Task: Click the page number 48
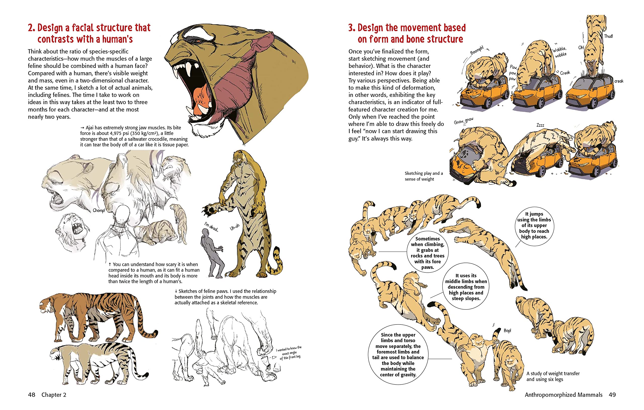pos(31,395)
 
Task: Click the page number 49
pos(612,395)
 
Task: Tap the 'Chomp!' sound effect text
pos(99,211)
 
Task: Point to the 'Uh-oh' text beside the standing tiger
pos(234,227)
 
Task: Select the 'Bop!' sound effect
pos(507,331)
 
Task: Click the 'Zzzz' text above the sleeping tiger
pos(540,125)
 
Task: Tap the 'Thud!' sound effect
pos(609,36)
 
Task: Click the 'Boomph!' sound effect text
pos(477,50)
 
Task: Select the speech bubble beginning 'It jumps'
pos(534,225)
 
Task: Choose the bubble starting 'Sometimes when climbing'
pos(427,253)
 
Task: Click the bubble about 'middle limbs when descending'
pos(466,287)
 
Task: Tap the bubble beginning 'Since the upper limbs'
pos(398,355)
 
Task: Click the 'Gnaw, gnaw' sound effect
pos(463,121)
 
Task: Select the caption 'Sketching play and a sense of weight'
pos(424,176)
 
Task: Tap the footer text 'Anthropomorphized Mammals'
pos(563,395)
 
